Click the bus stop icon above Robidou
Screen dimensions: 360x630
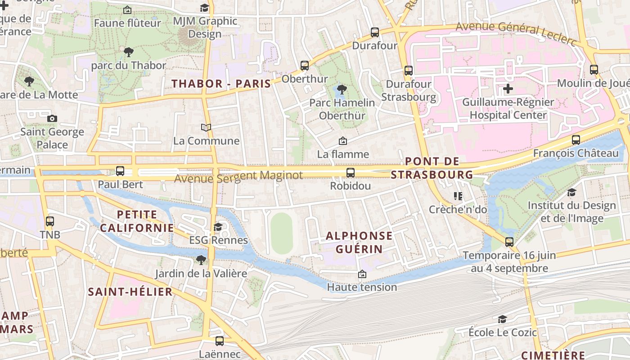(x=350, y=172)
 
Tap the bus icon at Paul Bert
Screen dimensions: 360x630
(x=120, y=171)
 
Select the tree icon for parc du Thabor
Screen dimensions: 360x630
(x=128, y=52)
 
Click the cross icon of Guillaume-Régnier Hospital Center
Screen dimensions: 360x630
(x=508, y=89)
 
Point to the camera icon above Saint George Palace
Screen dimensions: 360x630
(x=52, y=119)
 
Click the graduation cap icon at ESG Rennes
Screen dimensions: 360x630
(x=218, y=227)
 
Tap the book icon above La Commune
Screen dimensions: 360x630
(x=206, y=128)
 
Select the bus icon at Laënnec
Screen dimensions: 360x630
(x=219, y=341)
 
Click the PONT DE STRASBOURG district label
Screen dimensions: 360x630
(x=432, y=168)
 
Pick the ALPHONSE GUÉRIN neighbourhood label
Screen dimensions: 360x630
(x=359, y=242)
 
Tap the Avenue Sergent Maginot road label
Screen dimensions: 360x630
(x=238, y=177)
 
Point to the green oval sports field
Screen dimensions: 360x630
(x=282, y=234)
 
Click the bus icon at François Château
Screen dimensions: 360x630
(x=576, y=140)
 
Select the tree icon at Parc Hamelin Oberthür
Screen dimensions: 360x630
(x=342, y=89)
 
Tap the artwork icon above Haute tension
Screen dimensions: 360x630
(x=362, y=274)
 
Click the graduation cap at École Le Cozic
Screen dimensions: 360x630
(x=502, y=319)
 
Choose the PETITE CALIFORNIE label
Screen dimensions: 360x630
(x=137, y=221)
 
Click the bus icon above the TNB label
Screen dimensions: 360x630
(x=50, y=221)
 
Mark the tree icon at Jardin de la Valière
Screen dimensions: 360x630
(x=201, y=260)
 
